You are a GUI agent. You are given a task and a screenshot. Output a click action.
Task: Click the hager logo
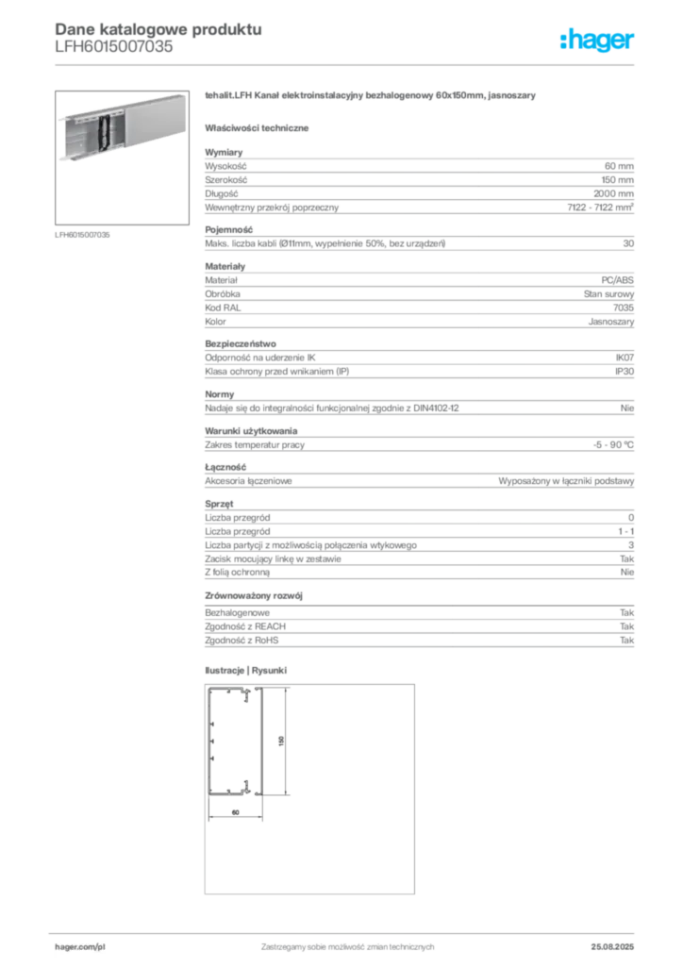point(596,40)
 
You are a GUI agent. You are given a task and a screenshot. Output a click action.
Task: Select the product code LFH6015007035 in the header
point(114,47)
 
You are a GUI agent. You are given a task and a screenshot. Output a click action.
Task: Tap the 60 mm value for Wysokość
point(619,166)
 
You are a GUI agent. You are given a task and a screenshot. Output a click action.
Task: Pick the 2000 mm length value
point(613,193)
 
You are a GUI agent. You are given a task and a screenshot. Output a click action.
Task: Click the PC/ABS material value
point(617,280)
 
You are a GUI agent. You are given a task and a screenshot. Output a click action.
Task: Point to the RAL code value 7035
point(624,308)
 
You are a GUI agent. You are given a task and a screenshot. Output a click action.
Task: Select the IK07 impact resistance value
point(625,358)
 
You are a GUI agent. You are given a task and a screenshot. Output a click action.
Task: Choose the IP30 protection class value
point(625,372)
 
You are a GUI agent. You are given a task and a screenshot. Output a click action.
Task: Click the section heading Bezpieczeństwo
point(241,343)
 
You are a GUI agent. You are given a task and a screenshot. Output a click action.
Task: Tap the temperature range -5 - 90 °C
point(613,445)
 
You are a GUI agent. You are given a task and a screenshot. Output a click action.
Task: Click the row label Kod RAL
point(223,308)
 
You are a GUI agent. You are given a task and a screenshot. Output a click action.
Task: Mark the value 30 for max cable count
point(628,243)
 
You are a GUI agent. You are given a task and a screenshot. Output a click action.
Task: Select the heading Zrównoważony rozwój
point(254,596)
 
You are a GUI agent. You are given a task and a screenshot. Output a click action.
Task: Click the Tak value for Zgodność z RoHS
point(627,641)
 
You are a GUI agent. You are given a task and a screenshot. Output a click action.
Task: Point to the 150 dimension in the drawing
point(281,741)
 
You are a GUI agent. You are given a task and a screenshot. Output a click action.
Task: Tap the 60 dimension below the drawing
point(235,812)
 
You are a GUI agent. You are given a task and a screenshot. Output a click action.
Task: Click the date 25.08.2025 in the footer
point(612,947)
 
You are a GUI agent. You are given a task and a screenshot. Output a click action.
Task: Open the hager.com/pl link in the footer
point(80,947)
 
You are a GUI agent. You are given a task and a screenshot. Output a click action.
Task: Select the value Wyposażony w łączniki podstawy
point(566,481)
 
